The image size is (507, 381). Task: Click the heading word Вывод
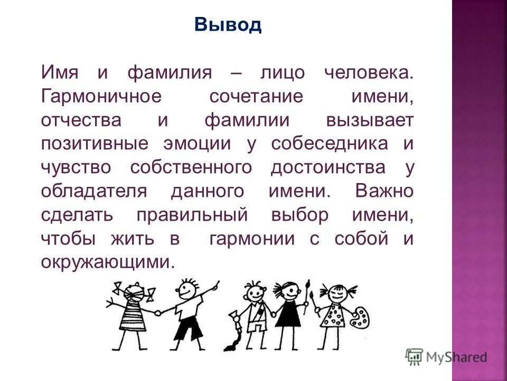(x=228, y=24)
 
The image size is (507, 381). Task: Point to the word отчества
(x=81, y=120)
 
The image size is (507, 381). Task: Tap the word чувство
(x=79, y=168)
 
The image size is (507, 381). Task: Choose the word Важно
(x=384, y=191)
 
